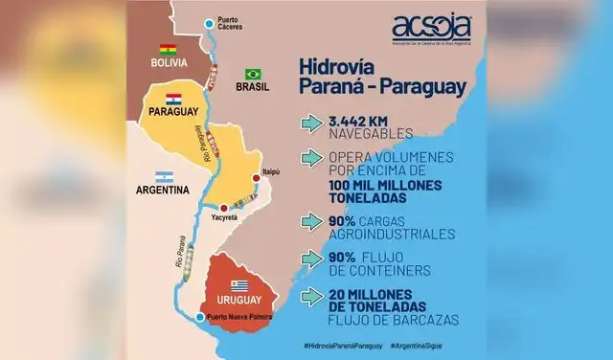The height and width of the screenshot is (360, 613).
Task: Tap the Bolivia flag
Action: click(x=169, y=50)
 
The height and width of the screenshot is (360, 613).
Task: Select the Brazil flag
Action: click(x=253, y=74)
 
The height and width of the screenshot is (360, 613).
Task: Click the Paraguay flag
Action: click(x=173, y=99)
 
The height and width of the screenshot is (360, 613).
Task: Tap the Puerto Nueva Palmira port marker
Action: click(x=198, y=317)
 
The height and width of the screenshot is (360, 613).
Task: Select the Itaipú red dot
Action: click(x=257, y=177)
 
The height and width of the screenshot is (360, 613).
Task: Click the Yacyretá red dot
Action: click(x=223, y=207)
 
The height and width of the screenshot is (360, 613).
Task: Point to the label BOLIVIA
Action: click(x=172, y=63)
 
